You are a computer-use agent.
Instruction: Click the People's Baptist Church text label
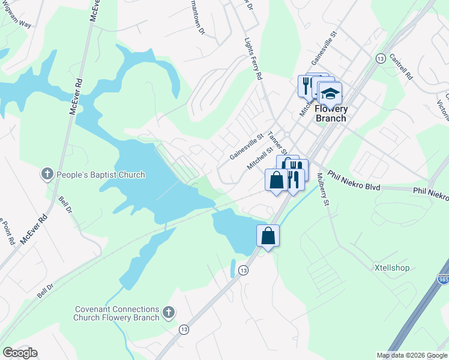tap(101, 175)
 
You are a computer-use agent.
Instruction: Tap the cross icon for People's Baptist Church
tap(47, 175)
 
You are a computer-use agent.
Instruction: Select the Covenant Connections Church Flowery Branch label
tap(116, 313)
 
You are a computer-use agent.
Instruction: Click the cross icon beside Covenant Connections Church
tap(169, 312)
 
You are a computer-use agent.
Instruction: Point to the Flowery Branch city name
tap(331, 113)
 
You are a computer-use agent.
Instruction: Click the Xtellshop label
tap(391, 268)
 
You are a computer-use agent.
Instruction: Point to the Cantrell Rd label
tap(400, 67)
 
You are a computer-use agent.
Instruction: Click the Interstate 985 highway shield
tap(443, 280)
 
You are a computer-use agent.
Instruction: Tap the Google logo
tap(20, 353)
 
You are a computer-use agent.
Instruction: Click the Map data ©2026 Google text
tap(412, 355)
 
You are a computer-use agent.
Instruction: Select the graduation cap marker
tap(330, 95)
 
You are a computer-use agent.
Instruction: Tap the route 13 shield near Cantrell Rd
tap(380, 58)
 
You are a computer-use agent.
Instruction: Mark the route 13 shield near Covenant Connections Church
tap(184, 329)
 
